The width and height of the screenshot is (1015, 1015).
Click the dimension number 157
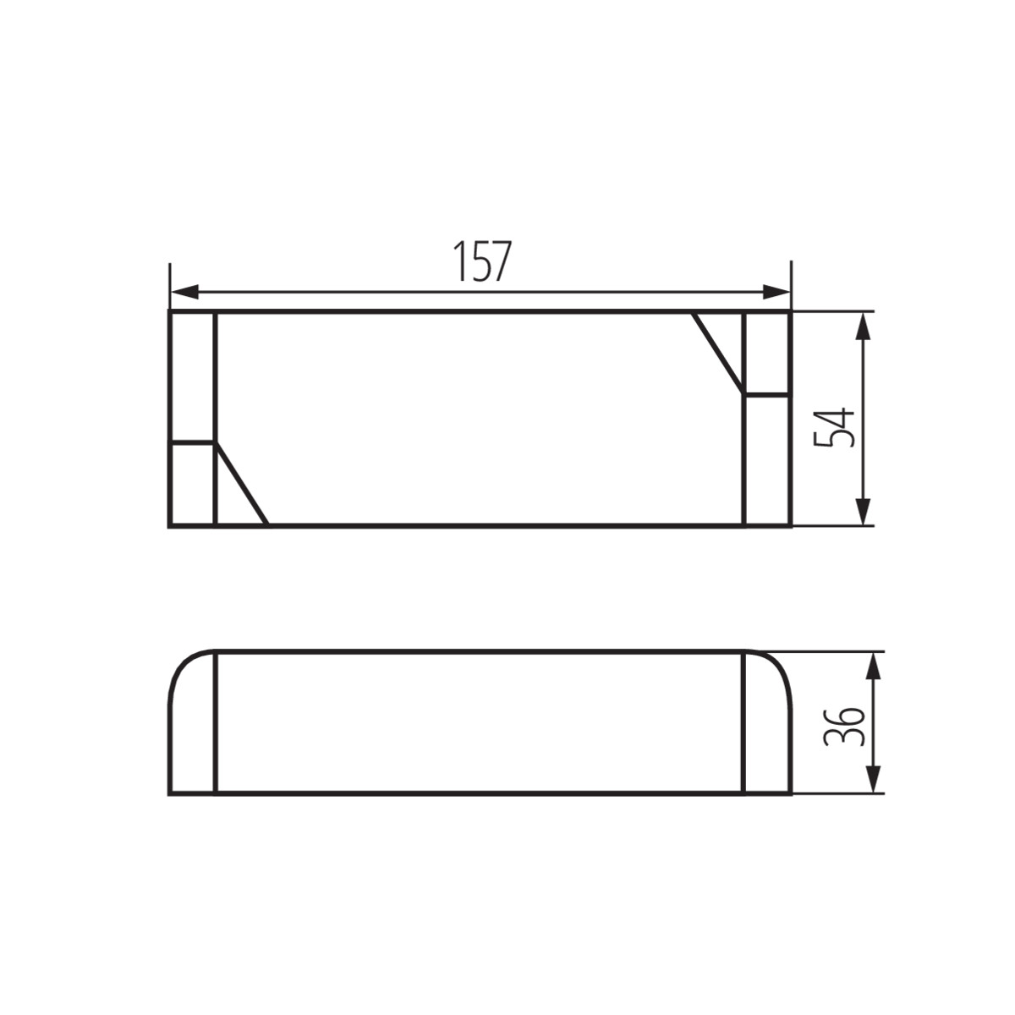pyautogui.click(x=482, y=261)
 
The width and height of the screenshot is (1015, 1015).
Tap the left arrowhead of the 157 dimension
pyautogui.click(x=184, y=291)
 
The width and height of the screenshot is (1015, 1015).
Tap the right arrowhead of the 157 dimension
pyautogui.click(x=776, y=291)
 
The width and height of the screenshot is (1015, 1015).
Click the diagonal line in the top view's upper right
pyautogui.click(x=718, y=353)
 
